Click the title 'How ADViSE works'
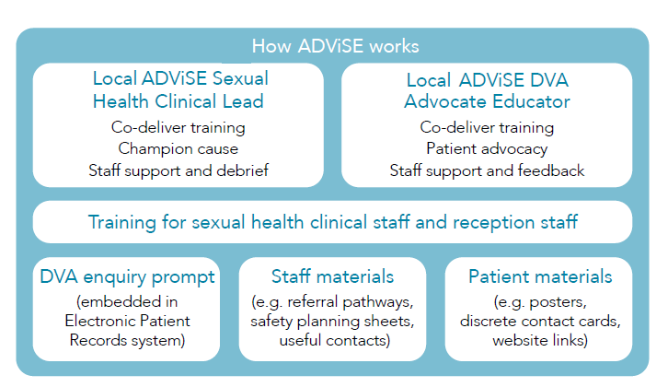coord(335,46)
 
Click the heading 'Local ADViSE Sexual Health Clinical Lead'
coord(180,89)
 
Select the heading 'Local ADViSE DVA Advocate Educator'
coord(487,90)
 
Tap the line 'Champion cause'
coord(179,148)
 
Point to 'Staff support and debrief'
coord(179,170)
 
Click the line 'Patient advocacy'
coord(487,148)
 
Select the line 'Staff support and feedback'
coord(487,170)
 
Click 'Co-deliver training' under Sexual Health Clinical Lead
coord(179,127)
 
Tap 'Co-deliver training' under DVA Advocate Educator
coord(487,127)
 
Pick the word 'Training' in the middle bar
coord(121,222)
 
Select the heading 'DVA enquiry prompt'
coord(127,277)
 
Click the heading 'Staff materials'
coord(333,276)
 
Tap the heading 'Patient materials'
coord(540,276)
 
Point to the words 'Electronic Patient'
coord(127,321)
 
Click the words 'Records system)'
coord(127,340)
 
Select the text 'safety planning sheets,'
coord(332,321)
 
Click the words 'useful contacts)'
coord(335,340)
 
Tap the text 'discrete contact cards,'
coord(540,321)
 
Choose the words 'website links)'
coord(540,340)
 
